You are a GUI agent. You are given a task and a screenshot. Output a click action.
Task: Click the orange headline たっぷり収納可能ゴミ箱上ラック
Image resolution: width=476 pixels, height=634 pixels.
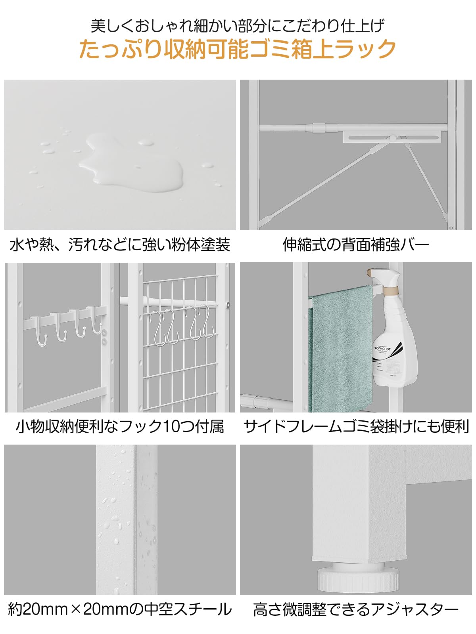click(237, 49)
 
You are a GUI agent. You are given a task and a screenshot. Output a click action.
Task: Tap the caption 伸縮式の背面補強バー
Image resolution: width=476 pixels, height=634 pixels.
click(356, 244)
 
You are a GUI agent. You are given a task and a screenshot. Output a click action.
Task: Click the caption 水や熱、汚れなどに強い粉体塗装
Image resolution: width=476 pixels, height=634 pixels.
click(120, 244)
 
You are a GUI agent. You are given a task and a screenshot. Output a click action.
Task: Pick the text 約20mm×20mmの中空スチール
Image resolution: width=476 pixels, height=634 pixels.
click(120, 609)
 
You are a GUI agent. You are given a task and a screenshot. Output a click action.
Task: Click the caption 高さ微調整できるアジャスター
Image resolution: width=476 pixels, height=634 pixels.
click(356, 609)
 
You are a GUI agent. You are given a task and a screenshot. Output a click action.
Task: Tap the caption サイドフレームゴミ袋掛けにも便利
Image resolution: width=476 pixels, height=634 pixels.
click(356, 427)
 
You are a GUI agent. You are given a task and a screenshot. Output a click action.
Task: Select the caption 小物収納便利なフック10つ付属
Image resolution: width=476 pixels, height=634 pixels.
click(120, 427)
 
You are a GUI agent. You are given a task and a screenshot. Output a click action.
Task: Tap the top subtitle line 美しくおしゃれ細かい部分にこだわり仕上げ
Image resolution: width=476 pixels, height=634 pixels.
click(237, 26)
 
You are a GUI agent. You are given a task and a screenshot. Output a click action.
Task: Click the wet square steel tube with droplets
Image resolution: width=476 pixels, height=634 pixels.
click(126, 519)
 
